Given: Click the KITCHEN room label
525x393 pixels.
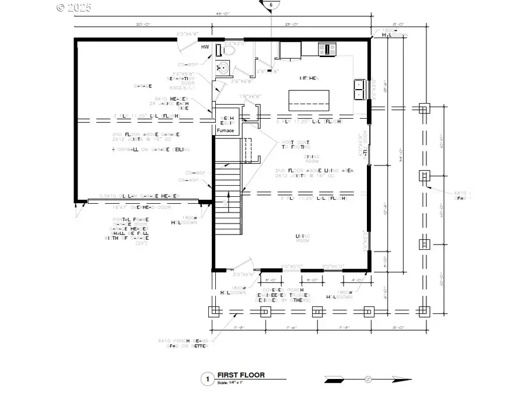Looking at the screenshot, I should click(x=310, y=77).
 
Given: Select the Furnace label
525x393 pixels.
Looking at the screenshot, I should click(x=225, y=131).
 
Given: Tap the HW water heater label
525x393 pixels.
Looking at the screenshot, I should click(x=205, y=47).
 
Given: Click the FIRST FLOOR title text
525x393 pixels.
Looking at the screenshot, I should click(x=241, y=375).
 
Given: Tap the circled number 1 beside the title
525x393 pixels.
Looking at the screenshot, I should click(x=206, y=379).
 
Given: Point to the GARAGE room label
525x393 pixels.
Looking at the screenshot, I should click(x=143, y=86).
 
